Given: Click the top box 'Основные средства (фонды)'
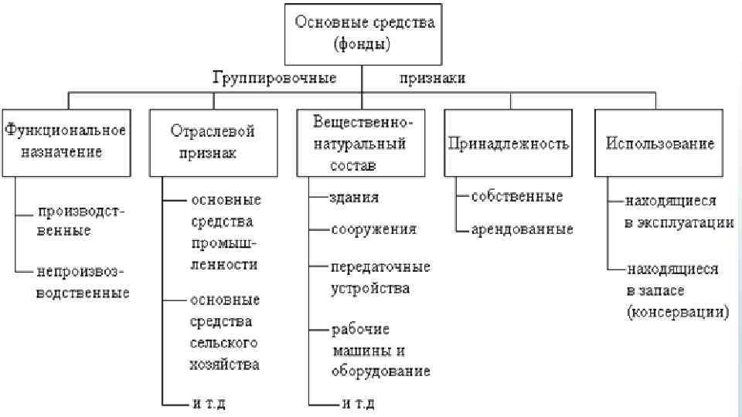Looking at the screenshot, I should [362, 33].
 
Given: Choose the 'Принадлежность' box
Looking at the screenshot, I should [508, 143].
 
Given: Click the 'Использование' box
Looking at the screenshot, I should [660, 143].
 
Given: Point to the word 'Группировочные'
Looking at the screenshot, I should [275, 78].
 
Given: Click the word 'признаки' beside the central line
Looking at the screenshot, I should [433, 78].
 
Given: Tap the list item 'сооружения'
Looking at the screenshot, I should [373, 229].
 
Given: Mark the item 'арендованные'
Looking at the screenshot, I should [522, 229].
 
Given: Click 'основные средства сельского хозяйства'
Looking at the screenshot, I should [224, 331].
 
